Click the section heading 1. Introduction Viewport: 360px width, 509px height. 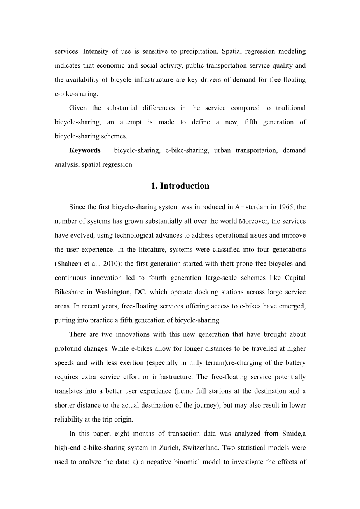[180, 186]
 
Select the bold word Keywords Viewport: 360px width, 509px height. [85, 150]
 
